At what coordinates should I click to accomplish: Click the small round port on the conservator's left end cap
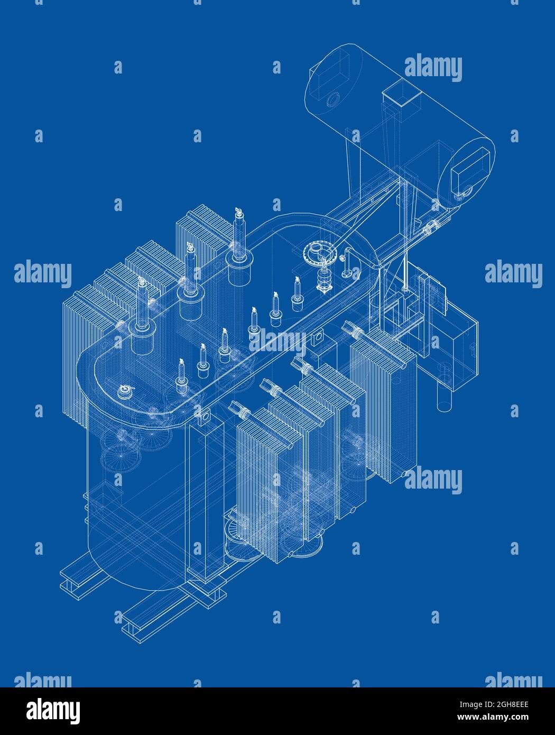click(334, 99)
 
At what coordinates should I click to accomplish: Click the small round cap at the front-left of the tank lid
click(126, 392)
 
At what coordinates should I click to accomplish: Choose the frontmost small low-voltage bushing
click(181, 378)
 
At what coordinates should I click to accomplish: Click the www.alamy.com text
click(506, 717)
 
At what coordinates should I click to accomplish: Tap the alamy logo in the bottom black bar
click(54, 710)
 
